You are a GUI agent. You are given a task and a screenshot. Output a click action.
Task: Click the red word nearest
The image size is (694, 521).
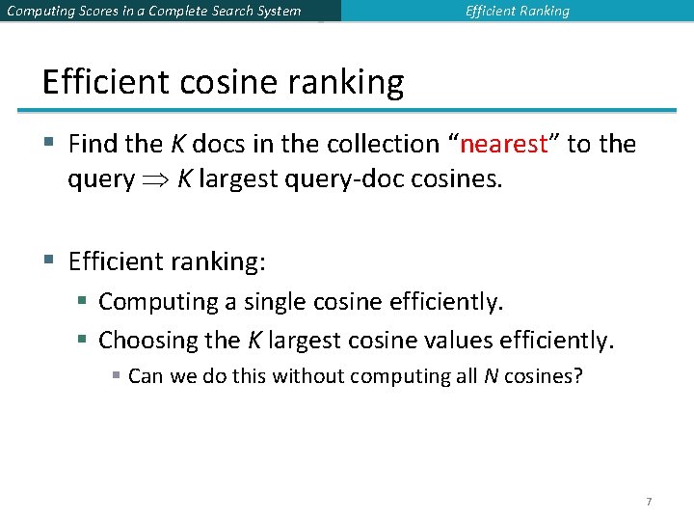[x=504, y=145]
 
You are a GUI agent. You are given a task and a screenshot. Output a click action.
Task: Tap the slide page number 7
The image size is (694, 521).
[x=649, y=502]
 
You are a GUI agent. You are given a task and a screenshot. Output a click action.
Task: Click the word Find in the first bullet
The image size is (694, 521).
[x=93, y=145]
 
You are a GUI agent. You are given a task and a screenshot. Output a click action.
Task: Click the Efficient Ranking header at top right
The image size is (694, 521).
[x=517, y=12]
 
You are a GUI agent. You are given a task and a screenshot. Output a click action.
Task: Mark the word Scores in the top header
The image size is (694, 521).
[x=103, y=12]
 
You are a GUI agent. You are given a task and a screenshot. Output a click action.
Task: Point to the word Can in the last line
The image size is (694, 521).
[x=145, y=375]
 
